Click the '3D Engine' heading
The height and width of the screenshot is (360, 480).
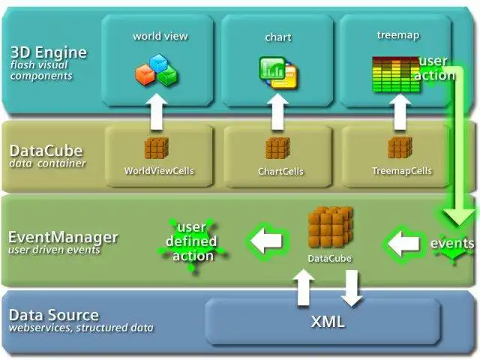(x=49, y=53)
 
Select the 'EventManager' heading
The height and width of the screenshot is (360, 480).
(x=62, y=237)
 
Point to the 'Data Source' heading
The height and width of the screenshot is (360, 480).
(x=53, y=315)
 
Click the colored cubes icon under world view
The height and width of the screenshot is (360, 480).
(x=156, y=70)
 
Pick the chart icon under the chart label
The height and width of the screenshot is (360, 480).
(x=277, y=71)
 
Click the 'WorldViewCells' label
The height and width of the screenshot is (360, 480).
(x=159, y=170)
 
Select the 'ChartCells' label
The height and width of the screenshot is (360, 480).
(x=280, y=171)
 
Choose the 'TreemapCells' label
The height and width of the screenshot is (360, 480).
(x=402, y=170)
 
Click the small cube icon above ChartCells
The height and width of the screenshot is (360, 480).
(x=277, y=148)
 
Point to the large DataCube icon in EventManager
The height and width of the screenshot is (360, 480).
(x=330, y=229)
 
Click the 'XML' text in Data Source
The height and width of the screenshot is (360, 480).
(x=328, y=322)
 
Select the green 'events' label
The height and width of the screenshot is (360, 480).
(x=452, y=244)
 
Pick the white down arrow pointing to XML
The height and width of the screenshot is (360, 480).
(x=350, y=287)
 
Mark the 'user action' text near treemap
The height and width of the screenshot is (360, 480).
(x=434, y=67)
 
